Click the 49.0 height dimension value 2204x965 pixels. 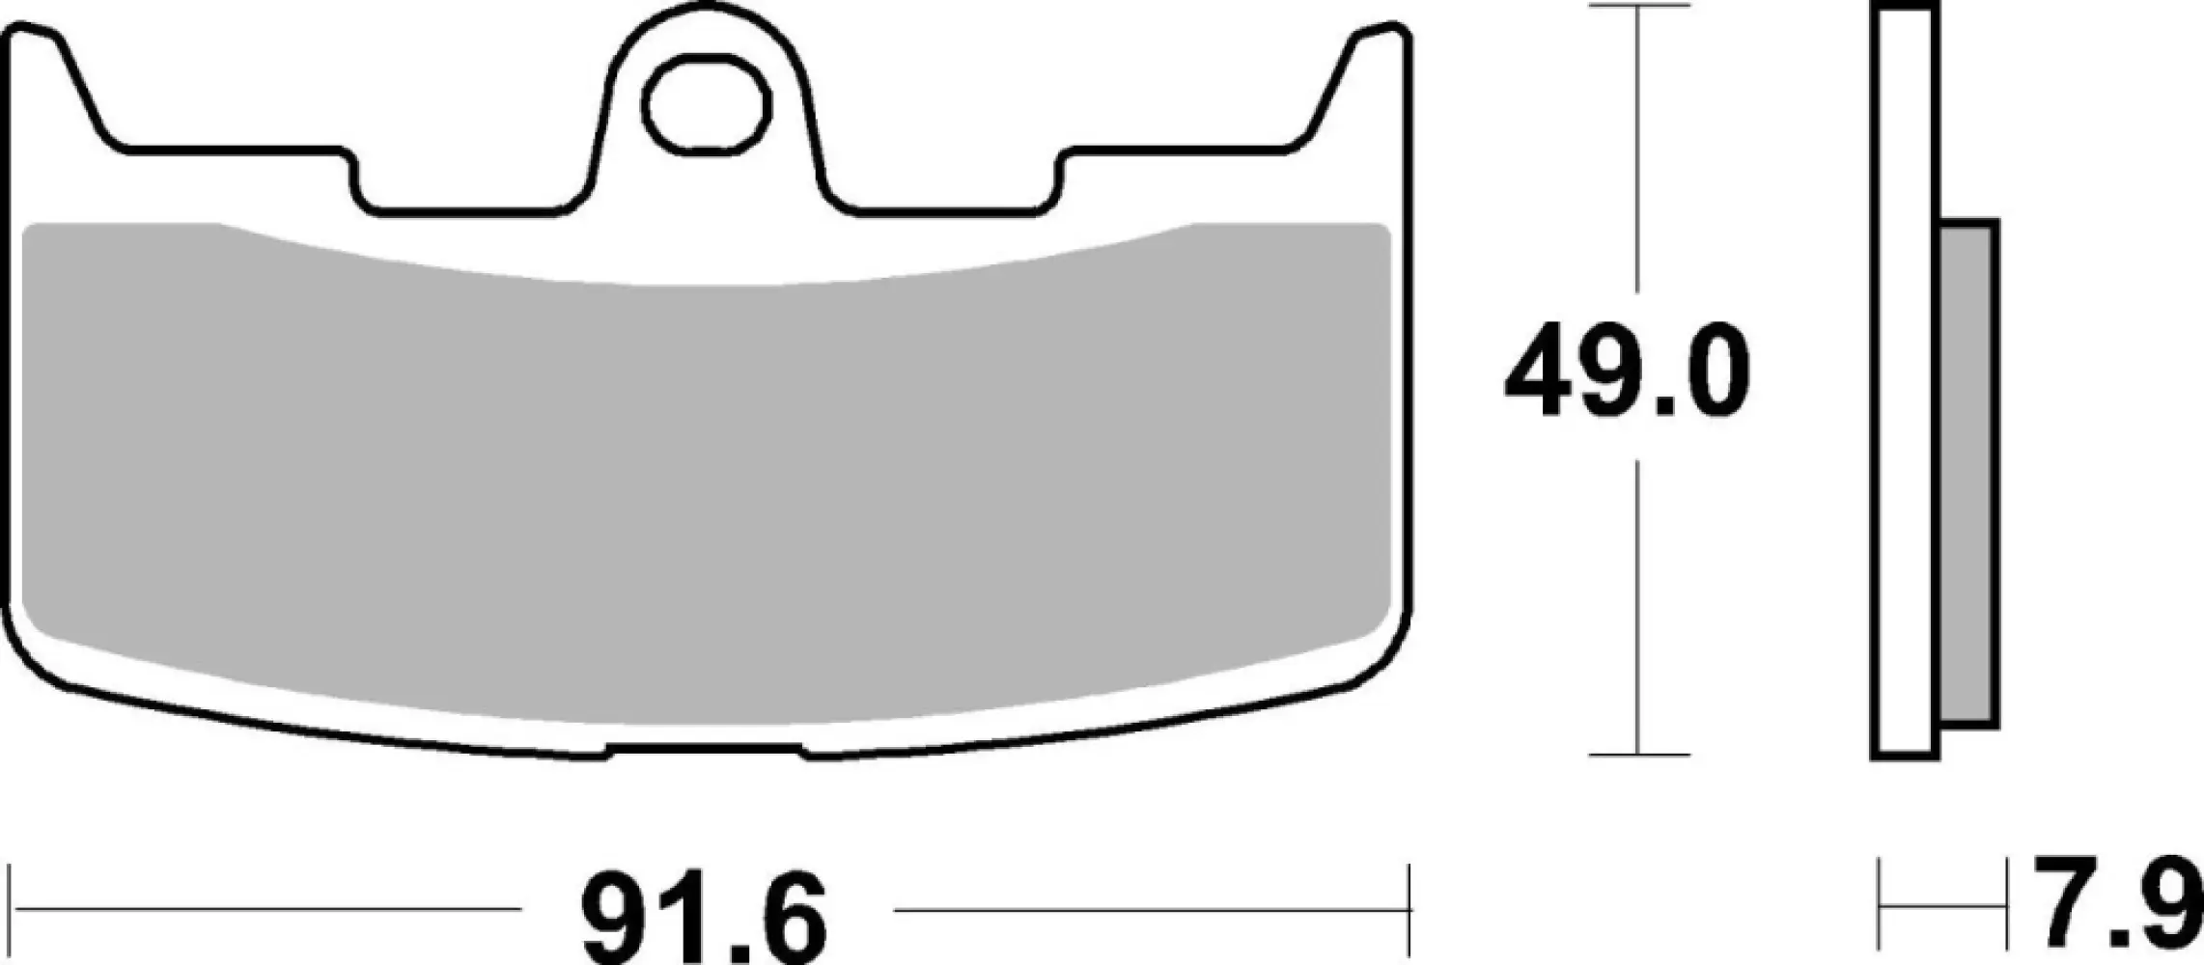click(1627, 372)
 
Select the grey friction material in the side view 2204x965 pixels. click(1967, 474)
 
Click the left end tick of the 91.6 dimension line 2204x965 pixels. click(10, 908)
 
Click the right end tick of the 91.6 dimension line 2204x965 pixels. click(1409, 908)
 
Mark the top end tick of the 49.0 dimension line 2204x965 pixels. click(1637, 6)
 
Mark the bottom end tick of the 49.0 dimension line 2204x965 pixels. click(1637, 755)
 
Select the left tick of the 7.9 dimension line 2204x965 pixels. click(1880, 908)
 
